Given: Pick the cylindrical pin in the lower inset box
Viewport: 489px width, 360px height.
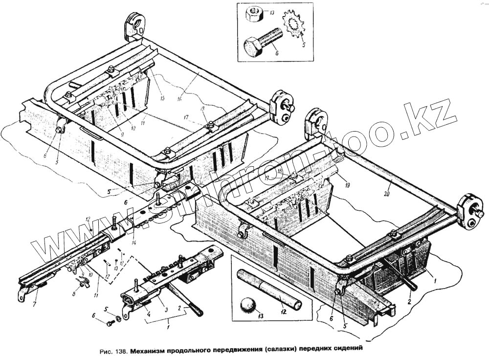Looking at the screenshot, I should pos(268,288).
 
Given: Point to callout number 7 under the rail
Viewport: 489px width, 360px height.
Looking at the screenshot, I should pos(34,305).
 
